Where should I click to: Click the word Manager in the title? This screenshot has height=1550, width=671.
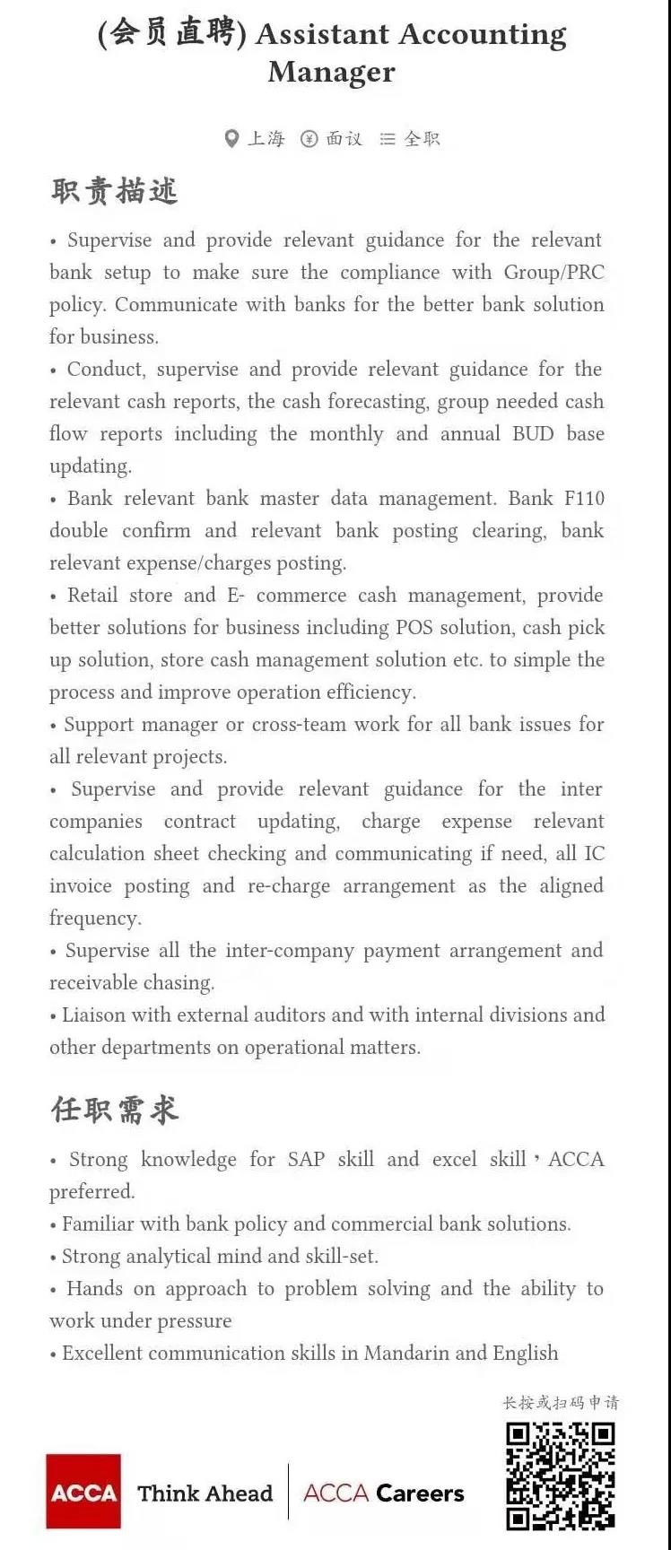click(x=331, y=72)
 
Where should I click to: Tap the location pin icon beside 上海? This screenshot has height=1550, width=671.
click(x=231, y=138)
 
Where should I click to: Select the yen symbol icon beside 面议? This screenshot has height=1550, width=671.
click(x=309, y=138)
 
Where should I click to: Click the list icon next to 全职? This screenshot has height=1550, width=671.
click(x=388, y=139)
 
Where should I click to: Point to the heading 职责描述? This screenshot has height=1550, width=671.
click(x=114, y=191)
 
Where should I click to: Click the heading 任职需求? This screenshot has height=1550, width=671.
click(x=114, y=1110)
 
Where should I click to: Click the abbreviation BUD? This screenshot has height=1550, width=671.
click(x=532, y=433)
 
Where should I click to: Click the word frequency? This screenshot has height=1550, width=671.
click(x=94, y=918)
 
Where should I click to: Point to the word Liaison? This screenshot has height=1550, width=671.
click(x=95, y=1014)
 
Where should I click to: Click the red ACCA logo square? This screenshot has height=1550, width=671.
click(x=83, y=1492)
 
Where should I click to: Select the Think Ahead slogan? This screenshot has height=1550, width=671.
click(x=205, y=1493)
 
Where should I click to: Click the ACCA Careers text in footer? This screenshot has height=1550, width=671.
click(x=383, y=1493)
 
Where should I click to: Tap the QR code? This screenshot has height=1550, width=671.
click(x=561, y=1476)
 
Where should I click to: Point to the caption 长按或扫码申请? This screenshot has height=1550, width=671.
click(x=561, y=1402)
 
